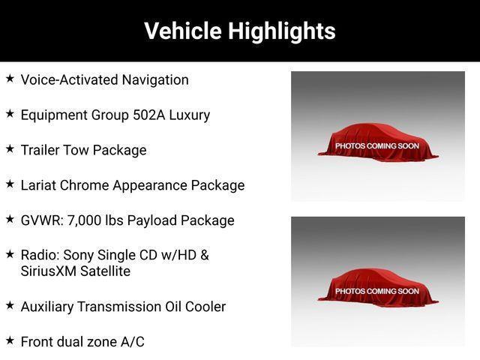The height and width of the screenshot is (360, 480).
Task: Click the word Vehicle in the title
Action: point(183,31)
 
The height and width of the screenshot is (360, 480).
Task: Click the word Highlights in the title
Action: point(282,31)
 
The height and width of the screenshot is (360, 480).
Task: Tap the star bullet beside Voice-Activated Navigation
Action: point(10,78)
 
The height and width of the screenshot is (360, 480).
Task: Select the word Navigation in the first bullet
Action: point(155,80)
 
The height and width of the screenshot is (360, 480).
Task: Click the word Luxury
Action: point(190,115)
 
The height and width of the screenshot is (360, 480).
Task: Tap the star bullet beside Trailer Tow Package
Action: point(10,148)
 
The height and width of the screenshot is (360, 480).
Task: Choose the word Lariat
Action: point(38,185)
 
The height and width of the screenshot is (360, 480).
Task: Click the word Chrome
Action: point(84,185)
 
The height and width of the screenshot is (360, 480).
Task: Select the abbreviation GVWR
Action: point(41,220)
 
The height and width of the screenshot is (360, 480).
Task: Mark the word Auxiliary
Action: point(47,307)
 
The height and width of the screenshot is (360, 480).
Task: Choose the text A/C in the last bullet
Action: point(133,342)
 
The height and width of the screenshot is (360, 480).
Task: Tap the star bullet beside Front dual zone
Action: point(10,340)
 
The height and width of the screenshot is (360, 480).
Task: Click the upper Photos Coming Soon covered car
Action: point(378,142)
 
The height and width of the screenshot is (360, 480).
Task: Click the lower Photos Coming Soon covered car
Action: point(378,288)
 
